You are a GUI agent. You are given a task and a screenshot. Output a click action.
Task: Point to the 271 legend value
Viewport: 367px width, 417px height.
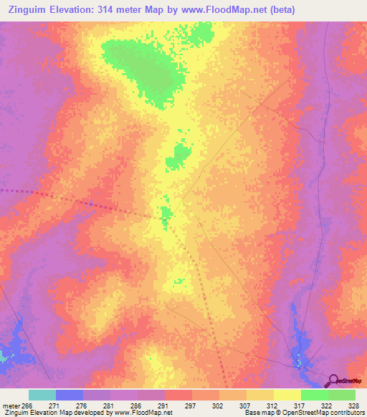point(54,406)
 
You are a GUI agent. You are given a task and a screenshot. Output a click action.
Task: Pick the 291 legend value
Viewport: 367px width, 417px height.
point(163,406)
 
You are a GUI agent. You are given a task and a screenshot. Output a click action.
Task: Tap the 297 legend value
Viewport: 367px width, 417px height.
point(191,406)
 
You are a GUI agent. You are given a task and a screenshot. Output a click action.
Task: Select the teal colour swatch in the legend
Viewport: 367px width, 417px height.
point(42,395)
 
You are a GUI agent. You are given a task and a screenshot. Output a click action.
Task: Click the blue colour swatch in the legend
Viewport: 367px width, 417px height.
point(70,395)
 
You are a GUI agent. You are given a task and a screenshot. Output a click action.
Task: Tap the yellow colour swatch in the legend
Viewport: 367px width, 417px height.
point(287,395)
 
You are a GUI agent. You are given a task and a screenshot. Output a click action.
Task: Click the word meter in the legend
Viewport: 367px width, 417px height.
point(12,406)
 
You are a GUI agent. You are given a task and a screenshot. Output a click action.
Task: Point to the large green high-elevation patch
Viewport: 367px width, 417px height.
point(140,64)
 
